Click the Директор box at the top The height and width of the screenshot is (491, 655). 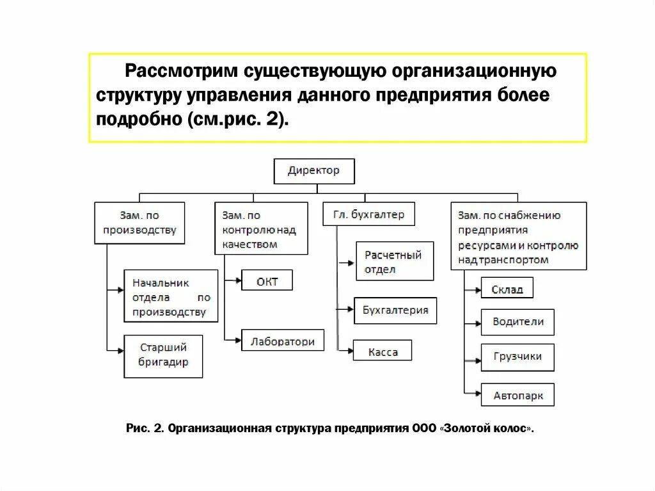click(x=313, y=172)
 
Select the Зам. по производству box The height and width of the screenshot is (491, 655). click(x=139, y=223)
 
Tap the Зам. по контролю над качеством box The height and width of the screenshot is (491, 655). click(x=262, y=229)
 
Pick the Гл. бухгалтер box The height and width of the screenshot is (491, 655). click(x=368, y=214)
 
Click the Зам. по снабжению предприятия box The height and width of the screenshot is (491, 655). click(x=518, y=236)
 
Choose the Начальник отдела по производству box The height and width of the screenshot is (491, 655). click(x=171, y=296)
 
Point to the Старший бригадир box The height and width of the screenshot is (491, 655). click(x=163, y=355)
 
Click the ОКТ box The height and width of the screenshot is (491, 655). click(x=267, y=281)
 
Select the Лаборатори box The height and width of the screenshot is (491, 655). click(x=283, y=341)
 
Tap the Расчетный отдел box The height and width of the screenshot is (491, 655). click(x=395, y=261)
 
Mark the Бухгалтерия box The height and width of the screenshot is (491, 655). click(x=395, y=310)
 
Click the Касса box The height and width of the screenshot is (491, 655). click(x=383, y=351)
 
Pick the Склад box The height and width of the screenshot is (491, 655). click(x=507, y=289)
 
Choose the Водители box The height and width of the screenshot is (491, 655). click(x=517, y=322)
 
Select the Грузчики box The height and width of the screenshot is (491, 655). click(x=517, y=357)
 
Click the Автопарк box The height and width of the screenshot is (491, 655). click(x=517, y=395)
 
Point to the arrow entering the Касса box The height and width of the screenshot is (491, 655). click(x=346, y=350)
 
